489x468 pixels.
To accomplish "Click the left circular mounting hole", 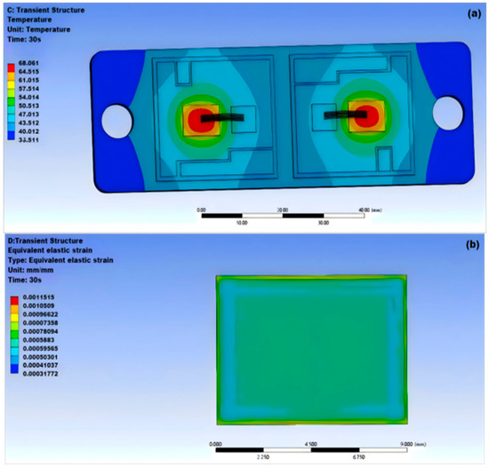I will (x=116, y=117).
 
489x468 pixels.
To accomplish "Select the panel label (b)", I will (x=470, y=246).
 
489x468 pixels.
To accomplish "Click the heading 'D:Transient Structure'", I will (x=41, y=240).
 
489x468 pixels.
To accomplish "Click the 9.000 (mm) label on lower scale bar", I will (x=415, y=441).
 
